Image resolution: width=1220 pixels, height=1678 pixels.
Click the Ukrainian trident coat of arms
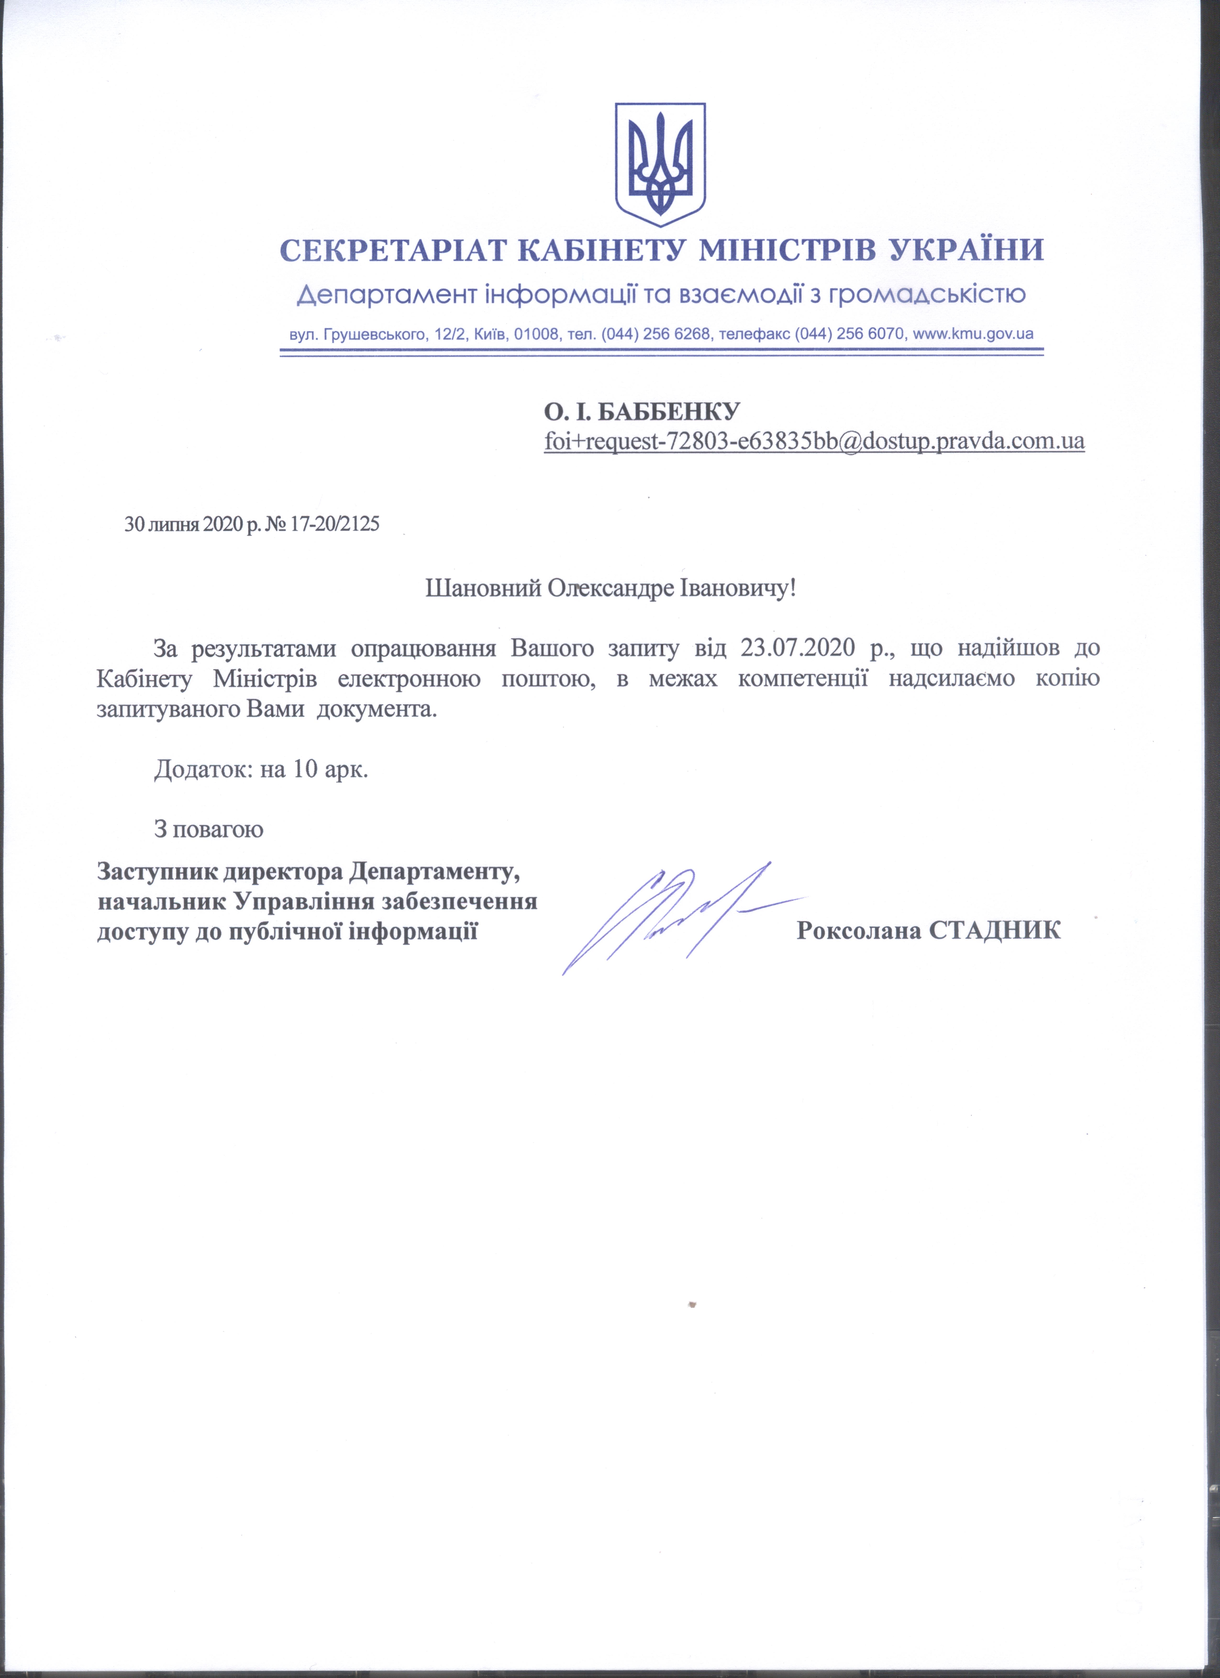click(660, 164)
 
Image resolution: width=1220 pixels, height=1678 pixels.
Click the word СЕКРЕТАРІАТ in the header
click(393, 251)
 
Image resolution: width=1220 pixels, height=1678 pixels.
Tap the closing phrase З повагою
click(209, 829)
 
